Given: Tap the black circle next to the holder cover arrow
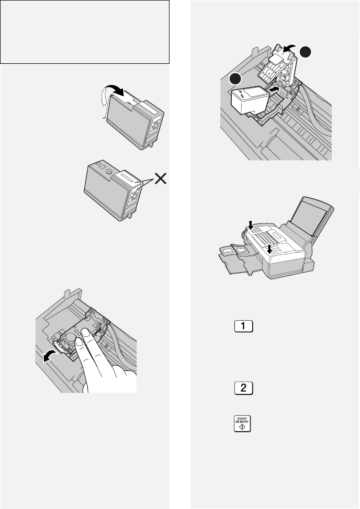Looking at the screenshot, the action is (306, 52).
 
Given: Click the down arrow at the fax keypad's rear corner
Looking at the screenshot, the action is (252, 224).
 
